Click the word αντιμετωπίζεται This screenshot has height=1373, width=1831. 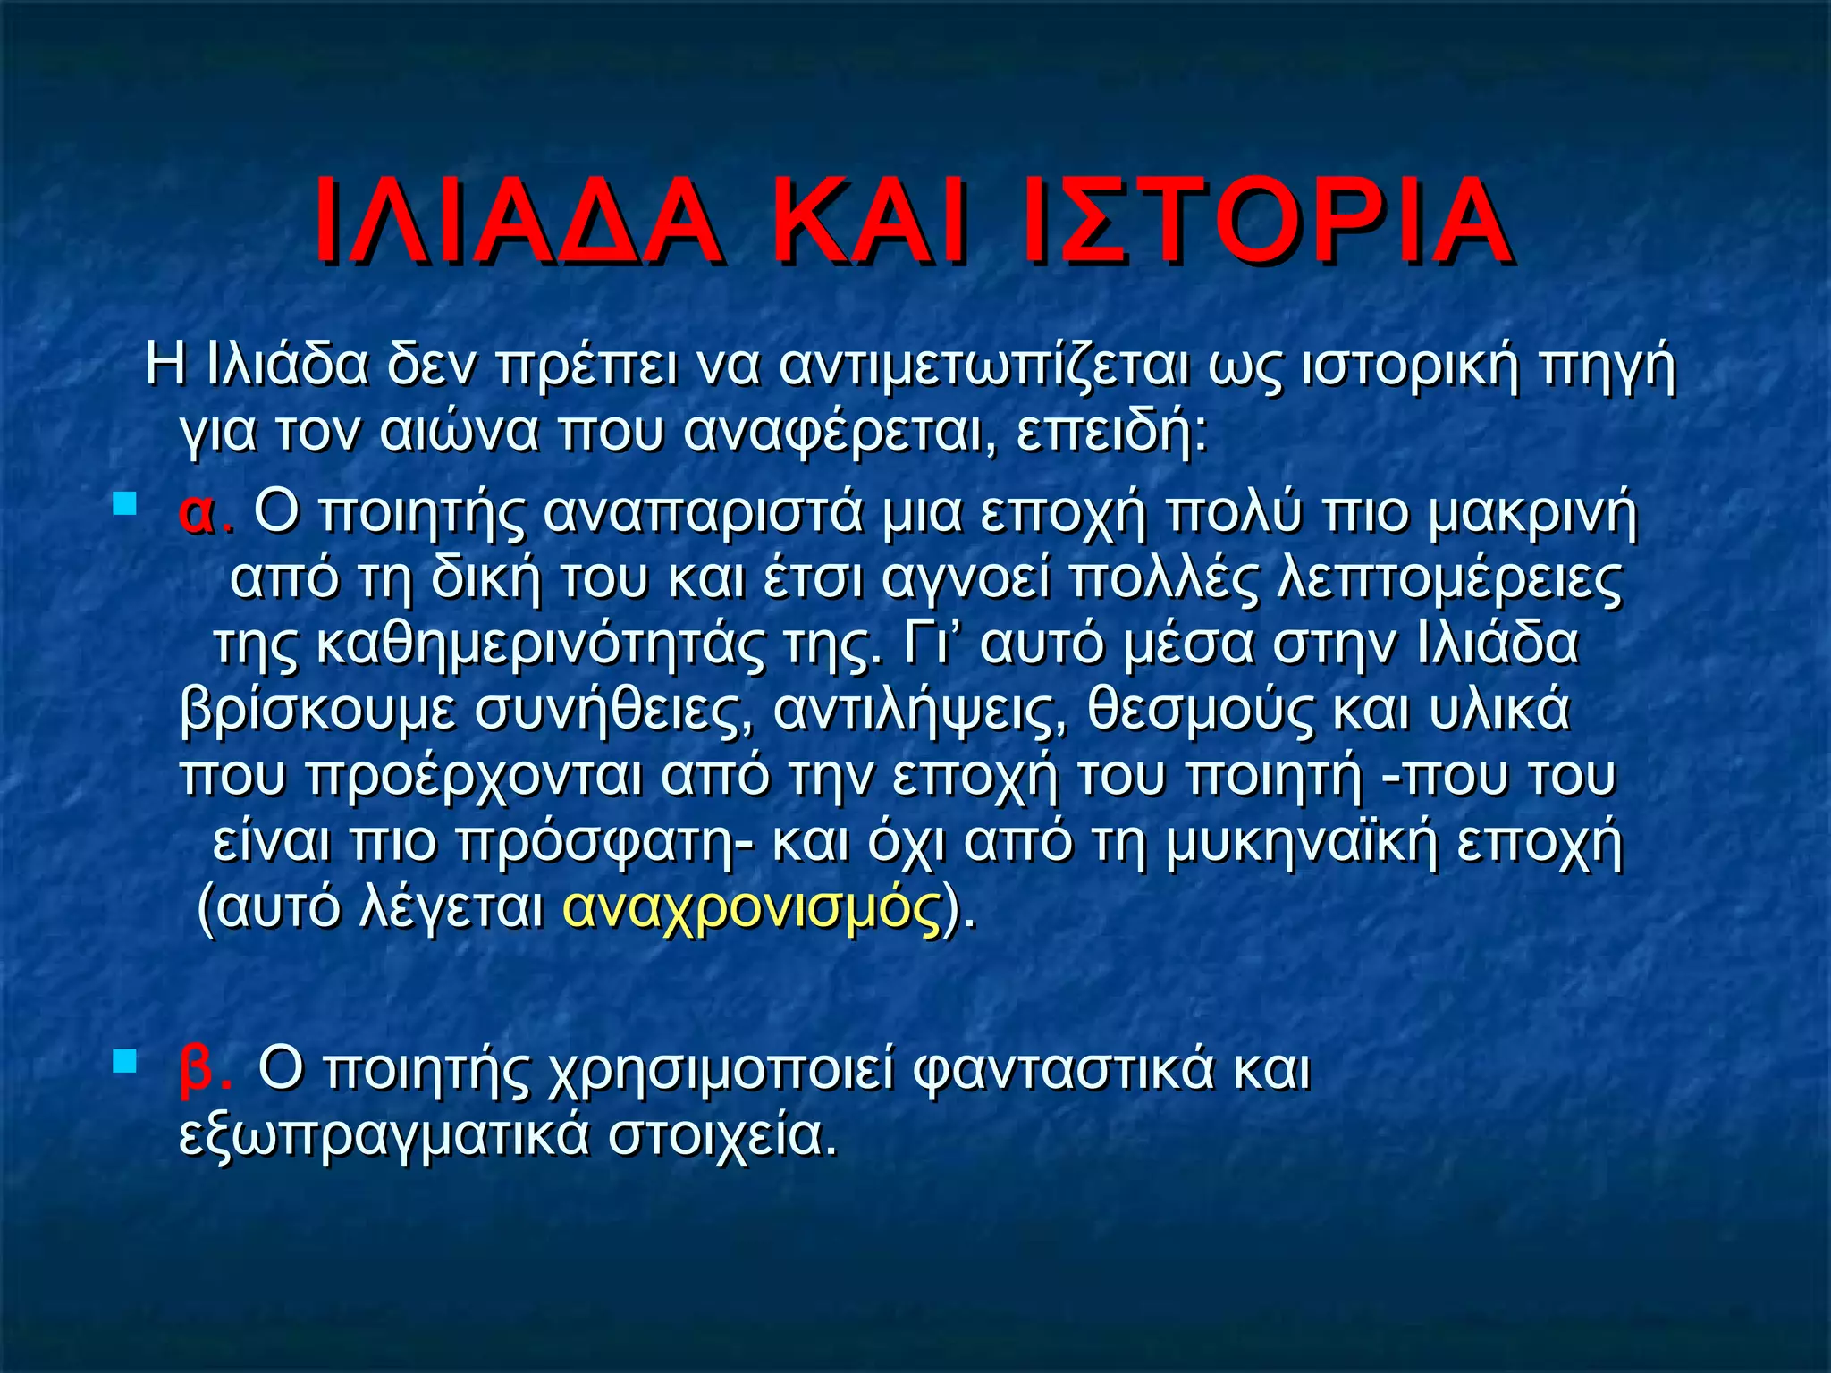pos(983,366)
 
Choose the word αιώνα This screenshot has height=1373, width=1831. pos(459,431)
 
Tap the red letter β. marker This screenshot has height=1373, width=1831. pos(204,1068)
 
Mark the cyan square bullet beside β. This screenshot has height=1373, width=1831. pos(124,1061)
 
